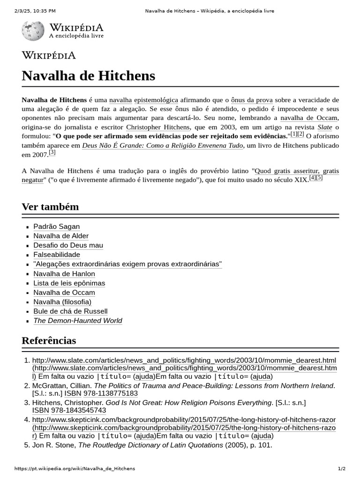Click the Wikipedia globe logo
coord(33,30)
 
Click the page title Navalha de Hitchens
coord(88,75)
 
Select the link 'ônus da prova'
coord(252,100)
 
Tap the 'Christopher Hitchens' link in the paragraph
coord(158,127)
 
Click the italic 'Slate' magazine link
coord(325,127)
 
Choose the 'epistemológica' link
coord(156,100)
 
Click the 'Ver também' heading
coord(50,207)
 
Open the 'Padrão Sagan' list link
coord(57,226)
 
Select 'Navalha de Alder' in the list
coord(61,236)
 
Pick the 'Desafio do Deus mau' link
coord(68,245)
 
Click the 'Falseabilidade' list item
coord(57,255)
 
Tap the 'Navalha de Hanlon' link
coord(64,274)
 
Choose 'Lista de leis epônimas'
coord(69,283)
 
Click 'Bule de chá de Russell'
coord(70,311)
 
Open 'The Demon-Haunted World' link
coord(78,321)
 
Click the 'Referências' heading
coord(49,340)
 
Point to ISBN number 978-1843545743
coord(79,410)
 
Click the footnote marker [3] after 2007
coord(52,152)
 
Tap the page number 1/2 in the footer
coord(341,469)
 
